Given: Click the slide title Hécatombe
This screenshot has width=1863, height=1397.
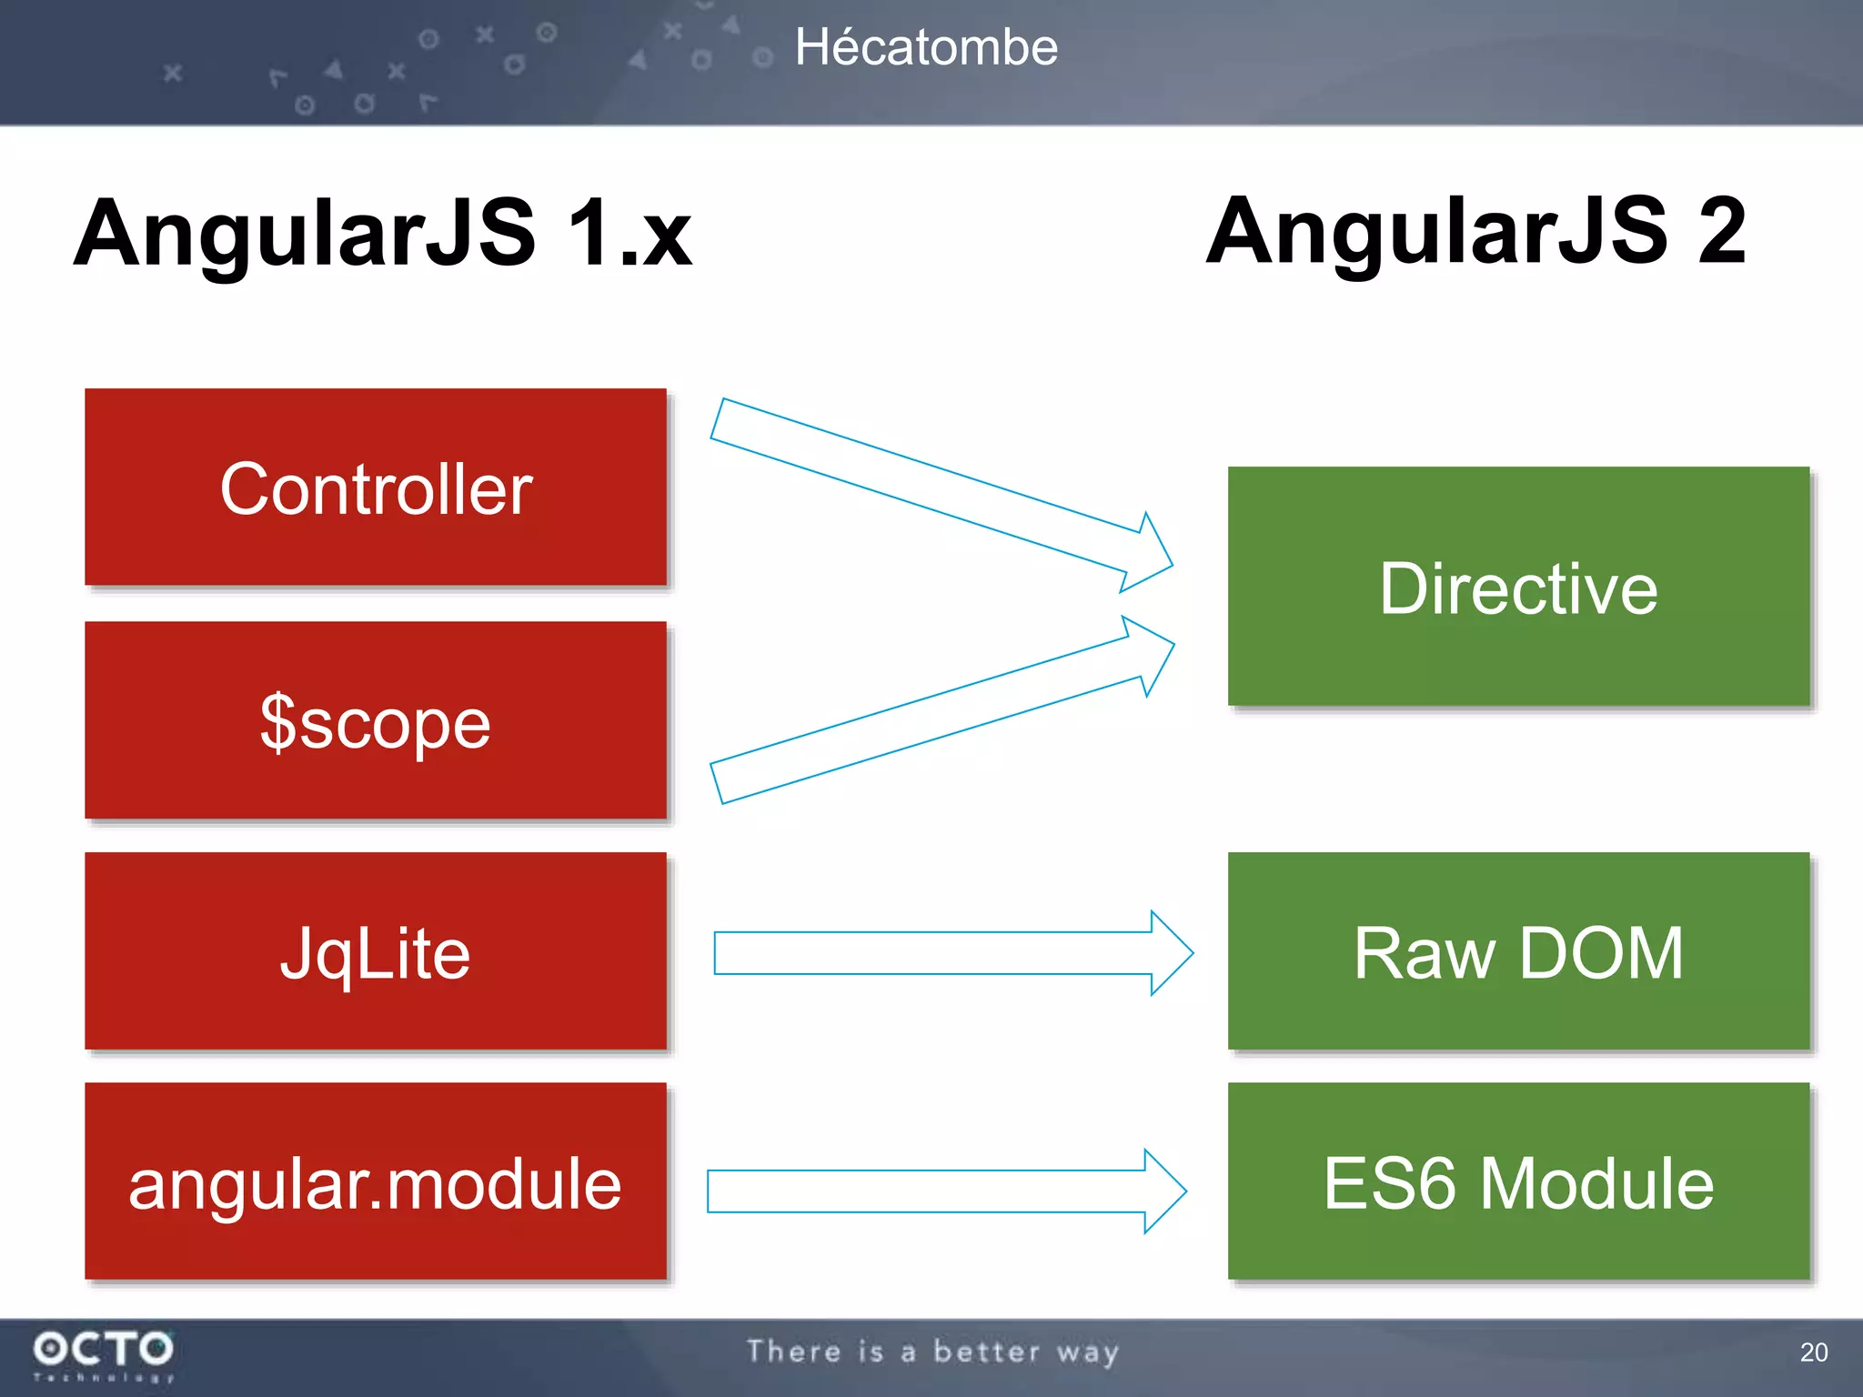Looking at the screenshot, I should coord(926,47).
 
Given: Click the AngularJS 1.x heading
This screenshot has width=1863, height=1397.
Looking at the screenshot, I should coord(383,234).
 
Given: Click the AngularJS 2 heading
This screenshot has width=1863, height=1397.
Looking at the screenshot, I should coord(1475,232).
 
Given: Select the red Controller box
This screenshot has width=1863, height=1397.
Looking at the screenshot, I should coord(376,487).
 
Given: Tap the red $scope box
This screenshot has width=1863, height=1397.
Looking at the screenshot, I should coord(376,720).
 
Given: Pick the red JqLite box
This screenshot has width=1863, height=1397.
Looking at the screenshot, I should coord(376,951).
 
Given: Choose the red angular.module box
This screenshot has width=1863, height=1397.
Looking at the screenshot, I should coord(376,1181).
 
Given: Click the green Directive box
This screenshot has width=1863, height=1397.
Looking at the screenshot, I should coord(1518,587).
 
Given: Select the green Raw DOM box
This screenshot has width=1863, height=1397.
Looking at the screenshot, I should coord(1518,951).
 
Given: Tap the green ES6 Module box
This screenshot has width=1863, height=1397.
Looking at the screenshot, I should coord(1518,1181).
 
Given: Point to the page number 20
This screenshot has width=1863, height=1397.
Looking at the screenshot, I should coord(1813,1352).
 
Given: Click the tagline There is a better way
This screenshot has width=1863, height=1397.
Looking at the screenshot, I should coord(932,1352).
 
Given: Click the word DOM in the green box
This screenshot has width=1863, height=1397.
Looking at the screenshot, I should coord(1601,953).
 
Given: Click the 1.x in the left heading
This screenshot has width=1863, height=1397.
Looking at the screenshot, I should coord(629,234).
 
